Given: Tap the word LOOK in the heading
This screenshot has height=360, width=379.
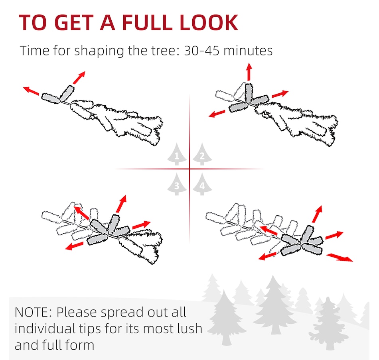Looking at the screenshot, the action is pos(209,22).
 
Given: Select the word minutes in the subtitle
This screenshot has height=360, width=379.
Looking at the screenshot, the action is pos(248,51).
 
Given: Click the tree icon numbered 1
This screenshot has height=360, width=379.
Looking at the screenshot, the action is pos(177,154).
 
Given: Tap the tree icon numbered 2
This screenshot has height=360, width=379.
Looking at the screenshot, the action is pos(202,154).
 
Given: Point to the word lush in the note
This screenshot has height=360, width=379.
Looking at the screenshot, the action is pos(190,329).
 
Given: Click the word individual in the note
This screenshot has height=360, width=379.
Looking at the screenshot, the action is pos(45,329).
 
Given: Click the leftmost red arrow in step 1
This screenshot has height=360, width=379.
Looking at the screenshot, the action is pos(31,91).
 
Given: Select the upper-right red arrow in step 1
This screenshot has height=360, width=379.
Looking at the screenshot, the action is pos(79,77).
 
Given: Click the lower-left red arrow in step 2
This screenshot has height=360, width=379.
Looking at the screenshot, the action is pos(217,113).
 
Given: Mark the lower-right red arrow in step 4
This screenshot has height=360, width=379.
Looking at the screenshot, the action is pos(340,257).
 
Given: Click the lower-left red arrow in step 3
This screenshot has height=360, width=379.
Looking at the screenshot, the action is pos(75,246).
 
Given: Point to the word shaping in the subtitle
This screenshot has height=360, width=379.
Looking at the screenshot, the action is pos(99,51).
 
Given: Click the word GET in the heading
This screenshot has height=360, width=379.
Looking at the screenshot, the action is pos(75,22).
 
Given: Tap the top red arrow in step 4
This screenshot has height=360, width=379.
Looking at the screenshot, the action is pos(317,214).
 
